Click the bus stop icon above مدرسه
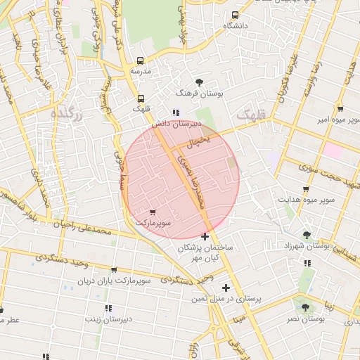(140, 61)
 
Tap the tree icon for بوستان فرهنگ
(200, 82)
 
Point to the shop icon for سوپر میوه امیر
(340, 109)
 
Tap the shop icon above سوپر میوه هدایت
(306, 189)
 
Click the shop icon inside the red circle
(153, 212)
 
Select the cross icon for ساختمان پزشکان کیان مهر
(205, 236)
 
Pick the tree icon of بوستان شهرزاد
(307, 235)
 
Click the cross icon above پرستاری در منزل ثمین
(226, 288)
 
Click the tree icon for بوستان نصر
(304, 307)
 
